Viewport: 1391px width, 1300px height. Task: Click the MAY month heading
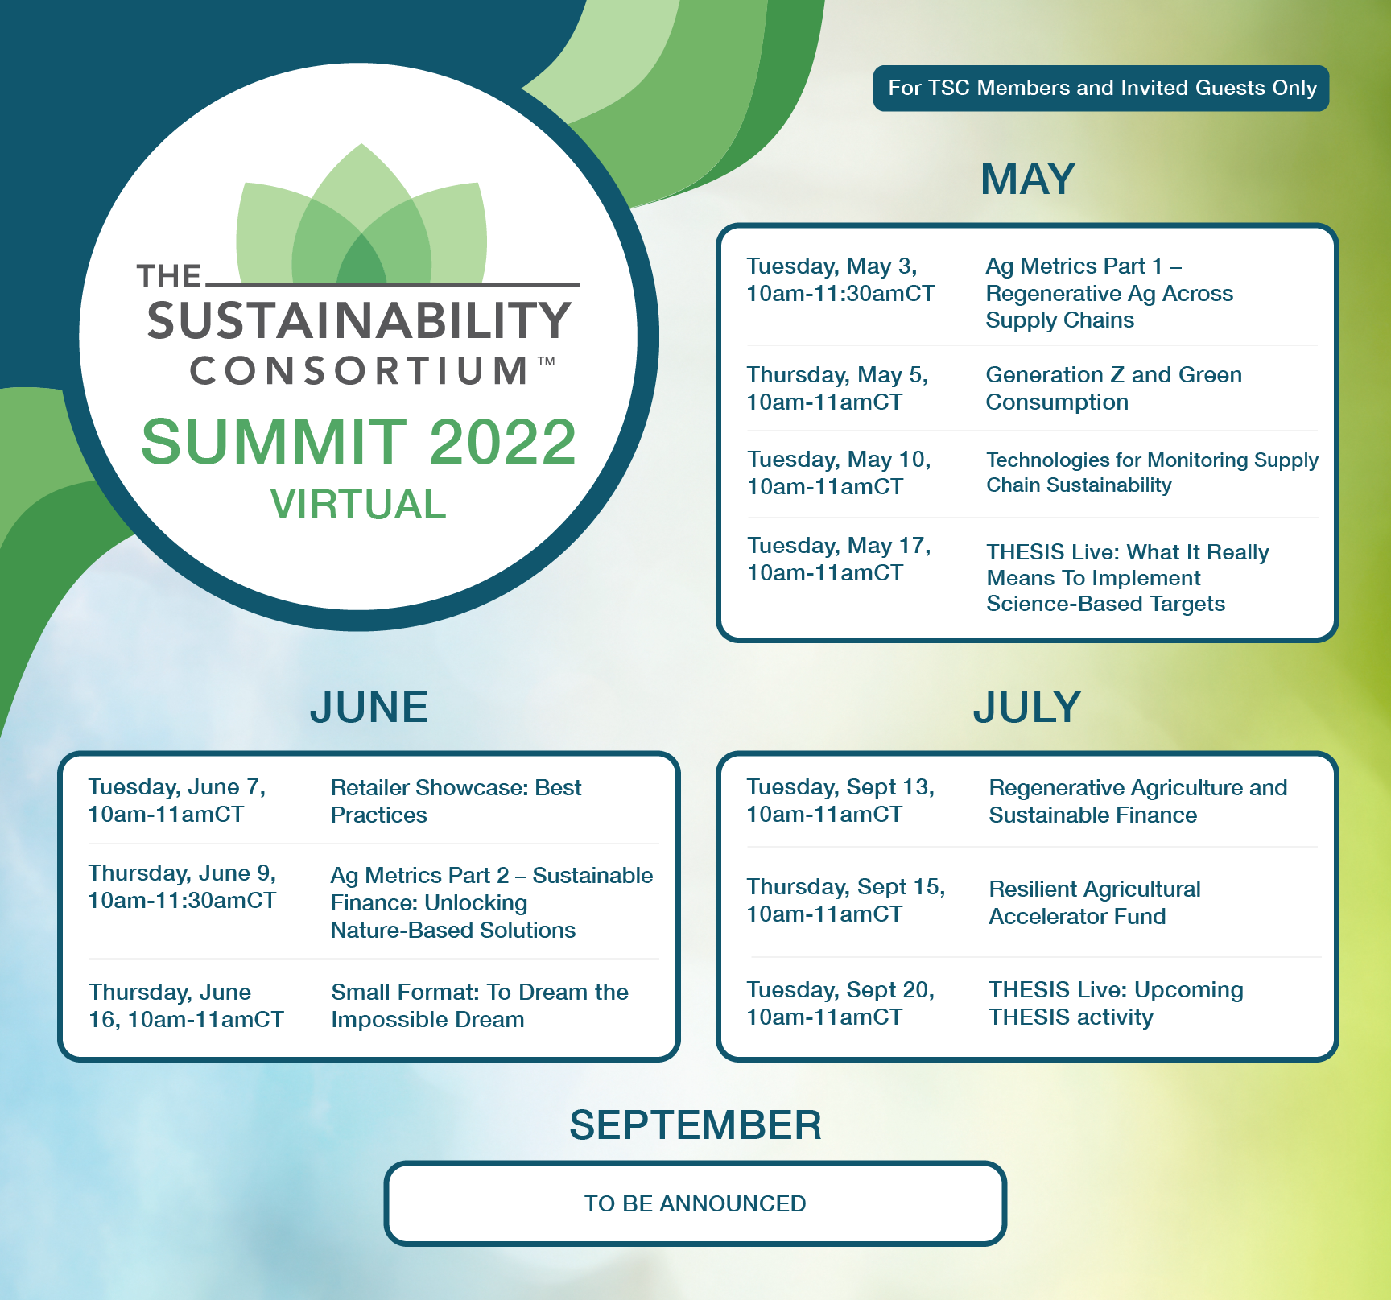[1028, 179]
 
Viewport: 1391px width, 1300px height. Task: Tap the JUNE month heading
[369, 707]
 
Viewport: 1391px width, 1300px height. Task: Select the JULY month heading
[1027, 707]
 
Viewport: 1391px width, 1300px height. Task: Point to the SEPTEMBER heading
[695, 1125]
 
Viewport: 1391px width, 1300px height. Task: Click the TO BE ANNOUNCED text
[695, 1203]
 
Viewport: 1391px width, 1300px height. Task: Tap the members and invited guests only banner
[1101, 88]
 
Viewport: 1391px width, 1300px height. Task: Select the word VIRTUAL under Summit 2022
[358, 505]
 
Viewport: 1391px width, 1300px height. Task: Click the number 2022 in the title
[503, 442]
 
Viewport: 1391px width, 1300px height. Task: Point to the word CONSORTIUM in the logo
[359, 371]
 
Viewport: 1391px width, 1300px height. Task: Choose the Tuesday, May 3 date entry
[840, 279]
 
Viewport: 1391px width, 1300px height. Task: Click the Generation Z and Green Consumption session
[1114, 388]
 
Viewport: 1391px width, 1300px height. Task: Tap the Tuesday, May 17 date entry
[839, 559]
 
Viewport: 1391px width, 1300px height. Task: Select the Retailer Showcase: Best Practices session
[456, 801]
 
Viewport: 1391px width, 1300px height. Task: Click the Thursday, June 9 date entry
[183, 886]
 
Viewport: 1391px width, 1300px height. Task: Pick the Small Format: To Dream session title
[480, 1005]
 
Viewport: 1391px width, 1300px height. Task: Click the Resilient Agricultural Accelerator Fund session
[1095, 902]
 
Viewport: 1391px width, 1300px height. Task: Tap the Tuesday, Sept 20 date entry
[840, 1003]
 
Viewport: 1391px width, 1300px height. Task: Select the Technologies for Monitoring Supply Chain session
[1153, 473]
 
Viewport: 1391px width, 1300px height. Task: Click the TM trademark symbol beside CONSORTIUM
[546, 361]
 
